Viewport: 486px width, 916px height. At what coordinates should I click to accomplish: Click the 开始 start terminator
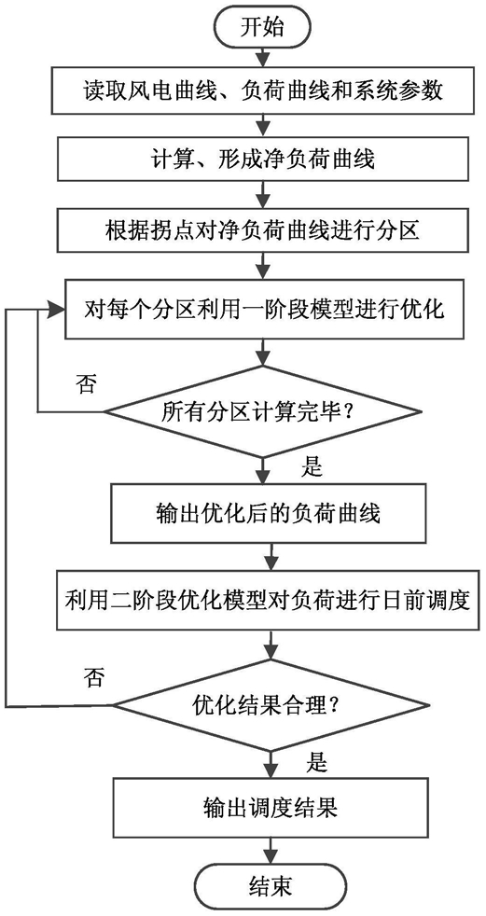tap(263, 26)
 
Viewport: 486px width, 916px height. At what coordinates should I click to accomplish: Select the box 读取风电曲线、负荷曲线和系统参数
tap(264, 91)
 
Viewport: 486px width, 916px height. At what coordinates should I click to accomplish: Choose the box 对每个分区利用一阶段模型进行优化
tap(264, 309)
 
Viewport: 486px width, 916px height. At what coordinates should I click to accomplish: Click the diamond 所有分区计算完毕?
tap(264, 412)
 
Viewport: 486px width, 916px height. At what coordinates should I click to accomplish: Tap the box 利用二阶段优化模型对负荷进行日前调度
tap(268, 600)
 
